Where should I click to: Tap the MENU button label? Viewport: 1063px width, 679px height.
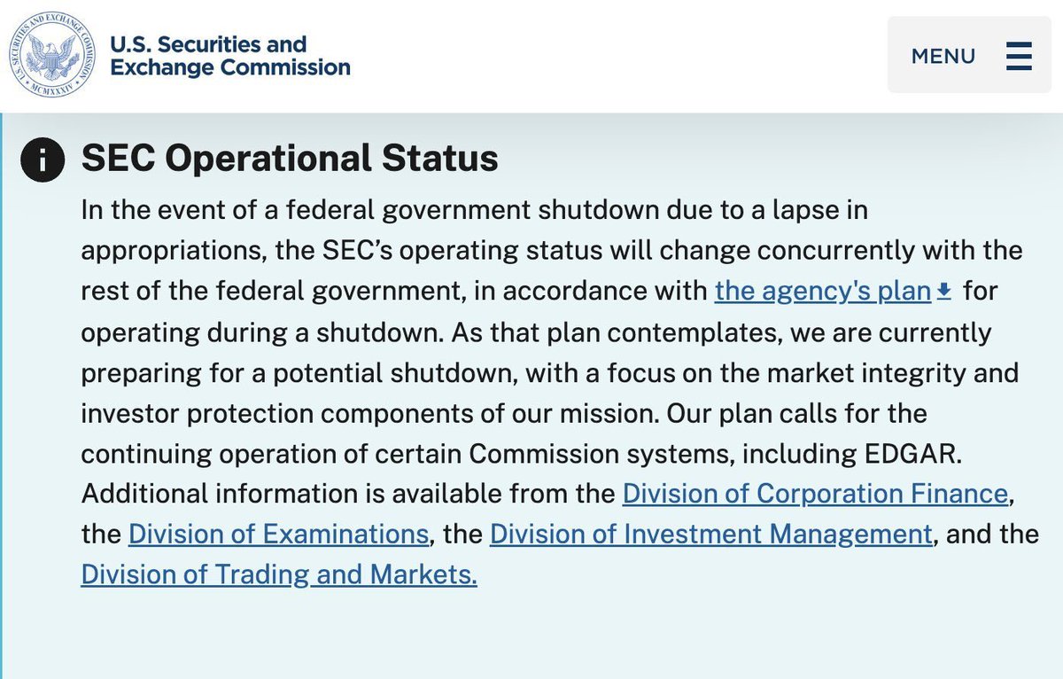(943, 56)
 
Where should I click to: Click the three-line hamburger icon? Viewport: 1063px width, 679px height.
(1019, 56)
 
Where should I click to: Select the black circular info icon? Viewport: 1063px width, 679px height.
(43, 160)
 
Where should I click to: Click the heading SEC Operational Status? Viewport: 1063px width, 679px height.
(290, 159)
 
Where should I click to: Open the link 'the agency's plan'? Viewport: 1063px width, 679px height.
(822, 292)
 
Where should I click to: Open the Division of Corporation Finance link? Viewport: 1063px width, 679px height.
(815, 494)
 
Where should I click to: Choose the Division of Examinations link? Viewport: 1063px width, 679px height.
(278, 535)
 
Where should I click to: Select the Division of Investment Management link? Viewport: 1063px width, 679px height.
(710, 535)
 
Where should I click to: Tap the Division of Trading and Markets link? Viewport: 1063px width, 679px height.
(279, 575)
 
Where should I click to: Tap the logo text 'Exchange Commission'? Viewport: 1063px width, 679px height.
(229, 67)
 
